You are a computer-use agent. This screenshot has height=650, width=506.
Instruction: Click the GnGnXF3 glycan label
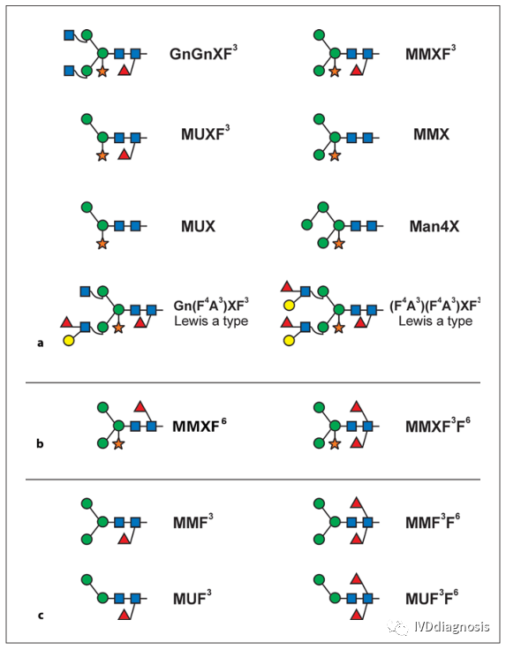203,53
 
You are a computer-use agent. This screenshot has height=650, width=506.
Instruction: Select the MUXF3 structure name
205,133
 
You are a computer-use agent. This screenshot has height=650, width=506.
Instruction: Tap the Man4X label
434,226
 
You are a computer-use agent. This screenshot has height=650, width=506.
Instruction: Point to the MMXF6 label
200,426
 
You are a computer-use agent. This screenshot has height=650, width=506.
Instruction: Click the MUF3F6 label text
432,598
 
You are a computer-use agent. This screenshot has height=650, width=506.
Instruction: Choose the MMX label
432,134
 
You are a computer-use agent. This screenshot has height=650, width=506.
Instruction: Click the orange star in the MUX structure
102,244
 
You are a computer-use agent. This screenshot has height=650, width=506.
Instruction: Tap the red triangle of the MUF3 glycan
124,616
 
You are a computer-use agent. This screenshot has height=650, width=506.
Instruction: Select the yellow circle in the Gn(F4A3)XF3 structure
69,341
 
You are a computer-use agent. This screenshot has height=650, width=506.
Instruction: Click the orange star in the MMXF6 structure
118,444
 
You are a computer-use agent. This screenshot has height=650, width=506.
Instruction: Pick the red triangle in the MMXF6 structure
140,406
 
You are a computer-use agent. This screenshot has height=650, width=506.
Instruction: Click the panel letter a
41,344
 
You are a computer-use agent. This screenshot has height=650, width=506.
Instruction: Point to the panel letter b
41,443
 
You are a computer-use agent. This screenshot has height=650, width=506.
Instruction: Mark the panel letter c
41,616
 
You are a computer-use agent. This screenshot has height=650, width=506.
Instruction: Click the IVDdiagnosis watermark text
452,626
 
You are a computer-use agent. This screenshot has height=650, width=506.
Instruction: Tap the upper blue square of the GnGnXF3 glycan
69,35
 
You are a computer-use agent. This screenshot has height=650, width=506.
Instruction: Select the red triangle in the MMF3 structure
124,539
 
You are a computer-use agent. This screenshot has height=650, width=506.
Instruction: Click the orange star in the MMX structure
335,155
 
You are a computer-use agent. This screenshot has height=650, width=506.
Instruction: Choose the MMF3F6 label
433,521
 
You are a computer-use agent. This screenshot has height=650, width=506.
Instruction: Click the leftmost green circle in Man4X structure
306,225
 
